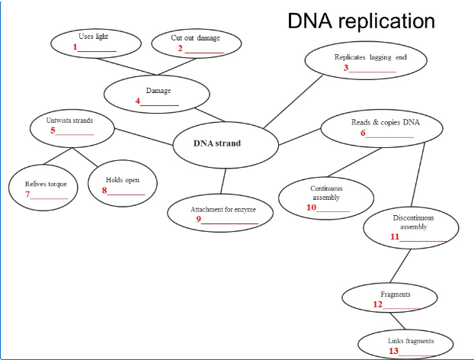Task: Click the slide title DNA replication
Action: pyautogui.click(x=360, y=21)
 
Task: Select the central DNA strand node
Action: pyautogui.click(x=216, y=143)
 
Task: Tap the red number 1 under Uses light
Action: pyautogui.click(x=75, y=47)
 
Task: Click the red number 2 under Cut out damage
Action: pyautogui.click(x=181, y=49)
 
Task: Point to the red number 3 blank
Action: pyautogui.click(x=345, y=68)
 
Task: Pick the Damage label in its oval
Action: pyautogui.click(x=158, y=91)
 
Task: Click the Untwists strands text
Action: pyautogui.click(x=69, y=121)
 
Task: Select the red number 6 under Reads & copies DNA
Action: pyautogui.click(x=364, y=133)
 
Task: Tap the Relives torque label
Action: pyautogui.click(x=46, y=184)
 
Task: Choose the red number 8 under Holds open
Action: pyautogui.click(x=104, y=191)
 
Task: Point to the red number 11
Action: pyautogui.click(x=395, y=236)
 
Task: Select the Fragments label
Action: pyautogui.click(x=395, y=294)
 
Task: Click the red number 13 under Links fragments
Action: pyautogui.click(x=393, y=351)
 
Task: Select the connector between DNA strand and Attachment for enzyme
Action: pyautogui.click(x=223, y=182)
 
